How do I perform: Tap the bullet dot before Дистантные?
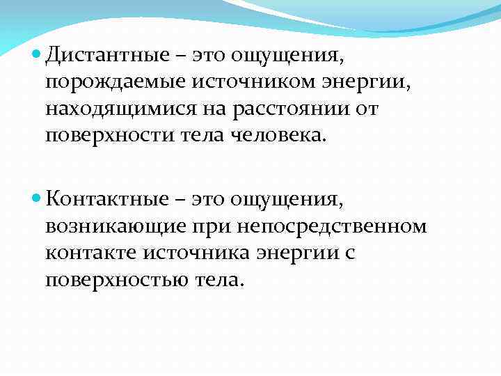coord(38,52)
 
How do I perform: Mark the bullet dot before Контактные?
coord(38,200)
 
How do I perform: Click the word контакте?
coord(87,253)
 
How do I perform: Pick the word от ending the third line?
coord(367,109)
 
